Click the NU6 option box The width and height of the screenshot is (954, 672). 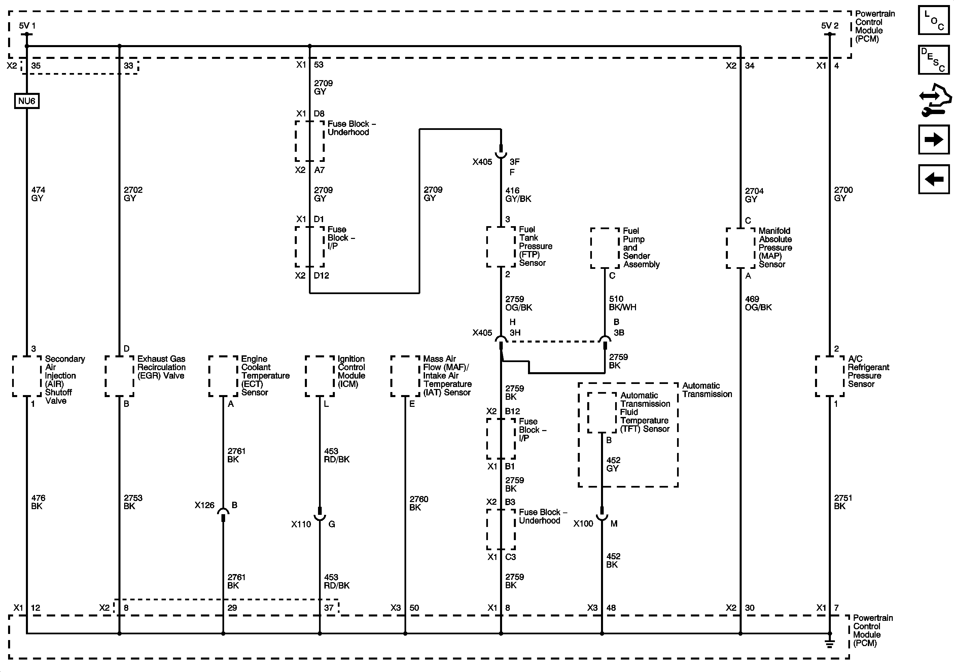27,101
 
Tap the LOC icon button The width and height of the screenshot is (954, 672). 933,20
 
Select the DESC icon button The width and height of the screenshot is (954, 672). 933,60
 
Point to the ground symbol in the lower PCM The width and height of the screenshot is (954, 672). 829,644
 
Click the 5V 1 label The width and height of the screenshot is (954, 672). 27,26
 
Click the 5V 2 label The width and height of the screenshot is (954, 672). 830,26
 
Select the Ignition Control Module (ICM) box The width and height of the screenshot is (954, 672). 320,376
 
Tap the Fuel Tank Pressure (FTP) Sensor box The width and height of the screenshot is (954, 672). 501,247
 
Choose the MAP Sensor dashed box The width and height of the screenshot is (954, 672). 740,248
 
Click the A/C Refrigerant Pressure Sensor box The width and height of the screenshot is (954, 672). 830,376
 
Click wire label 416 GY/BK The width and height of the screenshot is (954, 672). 518,194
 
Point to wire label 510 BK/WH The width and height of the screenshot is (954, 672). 622,303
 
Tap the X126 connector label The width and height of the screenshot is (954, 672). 205,505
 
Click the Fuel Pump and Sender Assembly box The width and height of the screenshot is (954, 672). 605,248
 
